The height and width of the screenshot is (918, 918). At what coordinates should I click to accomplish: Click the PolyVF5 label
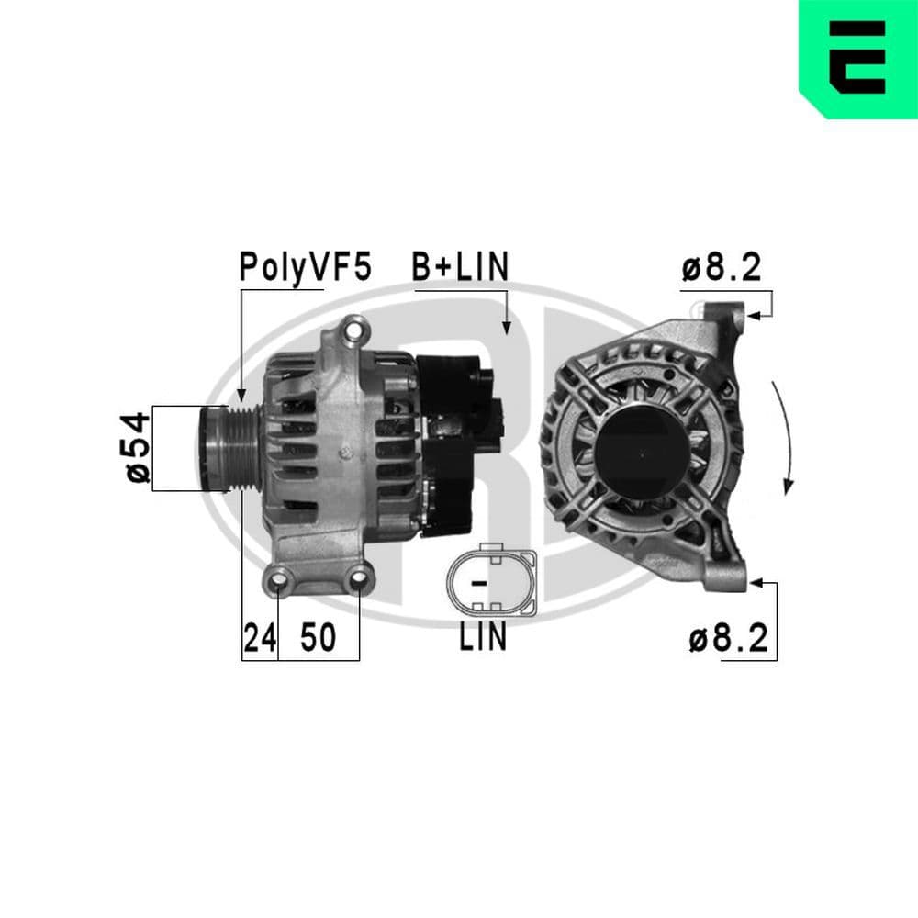[305, 267]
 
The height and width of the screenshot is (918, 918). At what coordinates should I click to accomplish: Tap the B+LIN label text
[459, 267]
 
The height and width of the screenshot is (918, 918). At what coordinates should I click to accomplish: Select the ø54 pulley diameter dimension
[136, 447]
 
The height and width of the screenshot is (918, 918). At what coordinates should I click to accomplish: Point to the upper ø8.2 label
[722, 268]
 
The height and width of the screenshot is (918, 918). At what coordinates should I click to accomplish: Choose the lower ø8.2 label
[728, 638]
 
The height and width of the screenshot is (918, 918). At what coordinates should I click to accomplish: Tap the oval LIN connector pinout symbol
[490, 582]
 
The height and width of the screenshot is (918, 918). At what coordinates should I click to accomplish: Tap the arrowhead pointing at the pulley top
[241, 393]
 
